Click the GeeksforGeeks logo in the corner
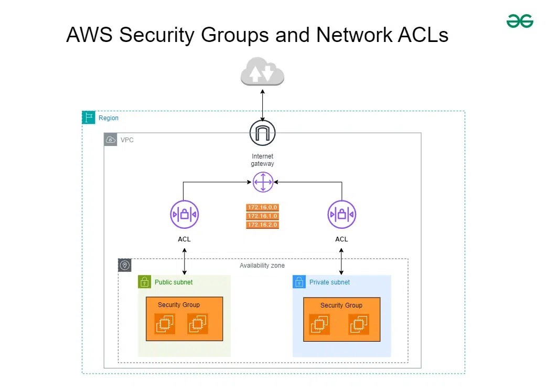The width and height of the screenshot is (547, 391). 519,21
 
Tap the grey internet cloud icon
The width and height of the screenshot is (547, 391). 262,72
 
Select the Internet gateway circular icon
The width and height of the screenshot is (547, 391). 262,133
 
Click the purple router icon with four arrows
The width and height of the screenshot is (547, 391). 262,182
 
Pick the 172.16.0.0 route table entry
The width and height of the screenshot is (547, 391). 262,207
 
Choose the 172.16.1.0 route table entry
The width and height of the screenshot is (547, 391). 262,216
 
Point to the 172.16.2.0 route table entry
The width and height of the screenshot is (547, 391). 262,225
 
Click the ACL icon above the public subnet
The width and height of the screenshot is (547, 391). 184,215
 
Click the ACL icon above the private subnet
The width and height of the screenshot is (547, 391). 341,215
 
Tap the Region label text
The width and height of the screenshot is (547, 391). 109,118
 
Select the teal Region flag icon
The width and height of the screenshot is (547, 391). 89,118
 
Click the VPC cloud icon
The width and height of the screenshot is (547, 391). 111,140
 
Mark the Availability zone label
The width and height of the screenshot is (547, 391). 262,266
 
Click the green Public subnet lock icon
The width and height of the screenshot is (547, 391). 145,282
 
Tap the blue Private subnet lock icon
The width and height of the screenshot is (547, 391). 299,282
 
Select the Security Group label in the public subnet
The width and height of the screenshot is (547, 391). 179,305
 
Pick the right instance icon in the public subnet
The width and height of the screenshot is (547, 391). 198,324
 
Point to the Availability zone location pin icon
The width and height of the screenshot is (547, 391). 125,265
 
